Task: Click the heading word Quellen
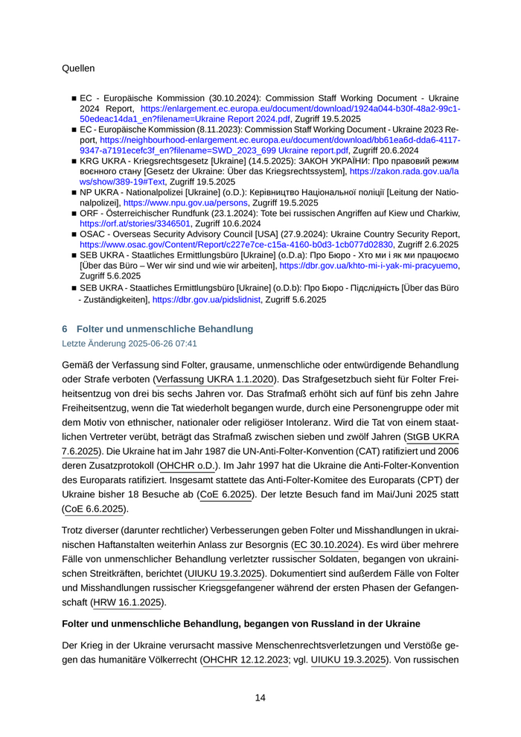pyautogui.click(x=79, y=68)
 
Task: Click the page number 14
pyautogui.click(x=260, y=698)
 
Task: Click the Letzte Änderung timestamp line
pyautogui.click(x=130, y=344)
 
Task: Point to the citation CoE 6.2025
pyautogui.click(x=226, y=494)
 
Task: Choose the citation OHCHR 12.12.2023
pyautogui.click(x=246, y=660)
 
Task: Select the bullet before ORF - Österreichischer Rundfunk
pyautogui.click(x=74, y=213)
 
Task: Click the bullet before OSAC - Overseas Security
pyautogui.click(x=74, y=234)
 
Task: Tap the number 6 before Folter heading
pyautogui.click(x=65, y=328)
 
